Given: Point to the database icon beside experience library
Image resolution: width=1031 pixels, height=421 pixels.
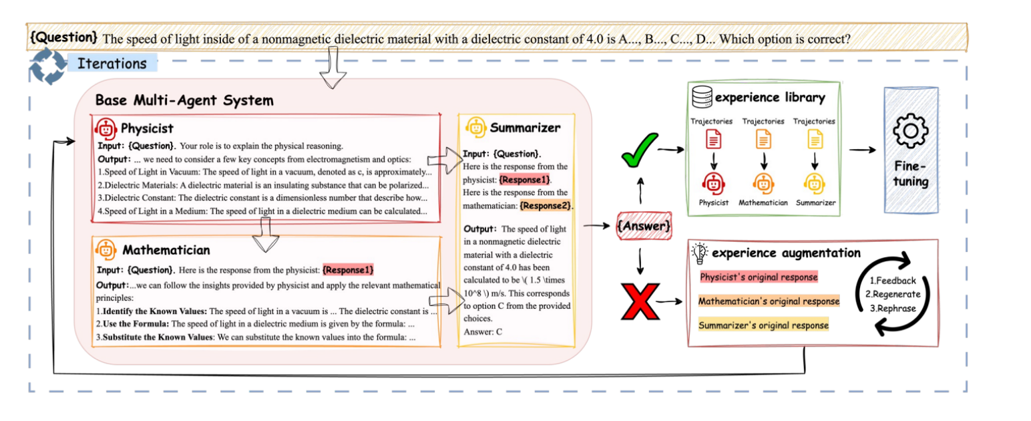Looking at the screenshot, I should [702, 97].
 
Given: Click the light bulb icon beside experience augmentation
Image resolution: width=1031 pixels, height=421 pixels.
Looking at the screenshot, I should [699, 253].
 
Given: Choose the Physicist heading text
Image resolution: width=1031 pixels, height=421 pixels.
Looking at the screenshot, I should [148, 128].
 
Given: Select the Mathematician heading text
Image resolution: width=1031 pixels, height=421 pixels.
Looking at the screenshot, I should [166, 250].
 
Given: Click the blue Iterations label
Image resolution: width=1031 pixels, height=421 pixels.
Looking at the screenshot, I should [112, 64].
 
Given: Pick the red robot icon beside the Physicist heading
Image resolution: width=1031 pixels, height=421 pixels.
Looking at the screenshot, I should [106, 128].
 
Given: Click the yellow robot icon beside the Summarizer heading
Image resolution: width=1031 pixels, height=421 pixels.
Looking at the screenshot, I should [475, 126].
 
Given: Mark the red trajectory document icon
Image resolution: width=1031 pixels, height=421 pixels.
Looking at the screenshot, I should [714, 140].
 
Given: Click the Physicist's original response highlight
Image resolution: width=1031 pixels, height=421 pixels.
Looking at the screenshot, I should [758, 277].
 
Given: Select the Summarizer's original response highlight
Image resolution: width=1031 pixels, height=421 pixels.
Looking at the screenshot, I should [763, 325].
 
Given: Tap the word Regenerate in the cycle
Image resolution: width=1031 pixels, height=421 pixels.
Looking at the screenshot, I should [892, 294].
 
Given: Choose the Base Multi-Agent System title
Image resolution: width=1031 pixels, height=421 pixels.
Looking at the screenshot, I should [184, 101].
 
